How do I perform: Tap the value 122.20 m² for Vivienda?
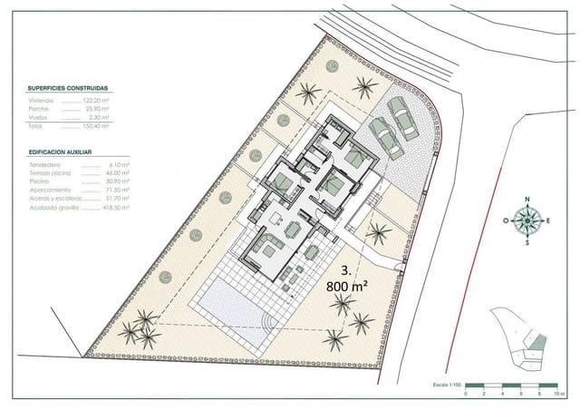pos(97,100)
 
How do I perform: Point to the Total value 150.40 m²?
pos(97,125)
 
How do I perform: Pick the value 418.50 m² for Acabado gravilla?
pos(96,208)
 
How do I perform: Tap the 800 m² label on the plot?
pos(348,284)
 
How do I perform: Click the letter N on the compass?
pos(525,200)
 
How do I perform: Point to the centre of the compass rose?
pos(526,220)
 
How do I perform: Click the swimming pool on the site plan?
pos(234,309)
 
